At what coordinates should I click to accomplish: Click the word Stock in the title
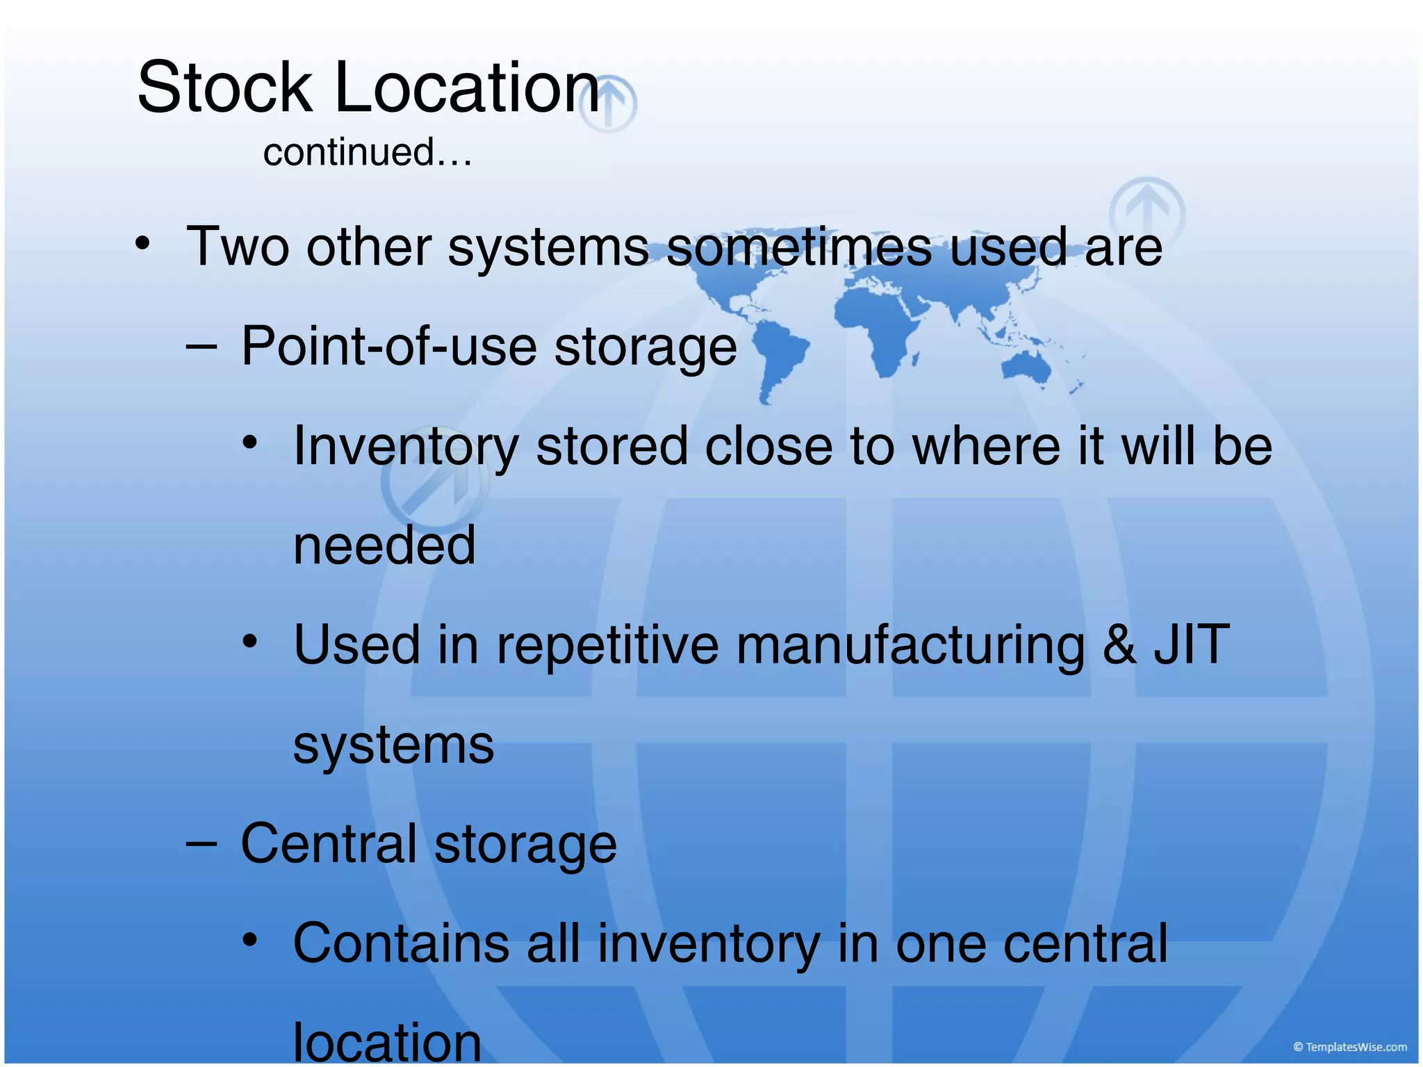coord(224,88)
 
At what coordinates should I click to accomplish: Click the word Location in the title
coord(467,88)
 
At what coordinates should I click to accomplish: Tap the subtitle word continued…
coord(368,152)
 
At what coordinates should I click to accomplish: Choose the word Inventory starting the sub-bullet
coord(406,447)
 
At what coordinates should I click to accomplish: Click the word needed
coord(384,546)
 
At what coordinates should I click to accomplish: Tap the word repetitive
coord(607,645)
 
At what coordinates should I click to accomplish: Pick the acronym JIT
coord(1192,645)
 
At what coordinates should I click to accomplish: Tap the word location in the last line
coord(387,1042)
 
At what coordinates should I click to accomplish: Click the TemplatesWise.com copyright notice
coord(1349,1047)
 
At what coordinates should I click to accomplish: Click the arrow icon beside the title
coord(609,104)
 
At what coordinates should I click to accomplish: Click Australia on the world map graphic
coord(1027,367)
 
